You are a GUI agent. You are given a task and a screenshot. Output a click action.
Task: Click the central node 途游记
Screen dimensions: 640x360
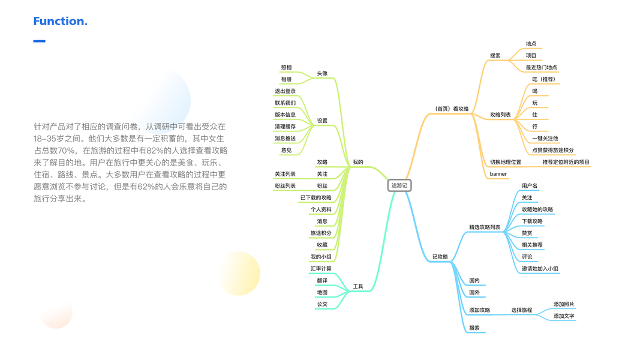pos(399,185)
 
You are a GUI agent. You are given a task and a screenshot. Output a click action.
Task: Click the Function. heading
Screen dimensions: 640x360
pos(60,22)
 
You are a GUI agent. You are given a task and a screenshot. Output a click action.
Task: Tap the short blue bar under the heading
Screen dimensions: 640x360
pos(39,41)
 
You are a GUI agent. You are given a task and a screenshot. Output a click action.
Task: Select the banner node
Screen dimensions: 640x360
pos(498,174)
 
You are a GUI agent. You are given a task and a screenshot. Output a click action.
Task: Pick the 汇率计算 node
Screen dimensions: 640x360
pos(321,268)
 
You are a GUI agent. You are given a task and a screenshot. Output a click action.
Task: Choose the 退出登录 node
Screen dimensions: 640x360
pos(286,91)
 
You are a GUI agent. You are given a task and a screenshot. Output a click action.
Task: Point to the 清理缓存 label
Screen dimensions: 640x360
pos(286,127)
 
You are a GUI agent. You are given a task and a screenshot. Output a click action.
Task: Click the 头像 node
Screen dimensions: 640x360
pos(322,73)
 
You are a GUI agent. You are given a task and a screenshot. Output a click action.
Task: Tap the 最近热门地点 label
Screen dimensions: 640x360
pos(542,67)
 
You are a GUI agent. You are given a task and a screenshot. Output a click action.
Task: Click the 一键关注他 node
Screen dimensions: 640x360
pos(545,139)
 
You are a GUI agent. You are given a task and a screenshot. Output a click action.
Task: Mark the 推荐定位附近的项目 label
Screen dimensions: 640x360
pos(566,162)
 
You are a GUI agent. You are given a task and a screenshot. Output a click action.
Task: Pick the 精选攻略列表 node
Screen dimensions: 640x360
pos(485,227)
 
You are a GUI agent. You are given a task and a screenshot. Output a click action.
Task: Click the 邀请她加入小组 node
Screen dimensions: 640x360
pos(540,268)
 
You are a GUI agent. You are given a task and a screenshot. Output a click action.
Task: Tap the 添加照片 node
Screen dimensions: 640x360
pos(564,304)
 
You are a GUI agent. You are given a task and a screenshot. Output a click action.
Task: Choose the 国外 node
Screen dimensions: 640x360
pos(474,292)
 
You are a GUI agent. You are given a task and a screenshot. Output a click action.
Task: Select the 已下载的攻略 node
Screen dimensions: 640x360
pos(316,197)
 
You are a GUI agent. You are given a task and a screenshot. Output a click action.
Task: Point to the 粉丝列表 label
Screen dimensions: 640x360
pos(286,186)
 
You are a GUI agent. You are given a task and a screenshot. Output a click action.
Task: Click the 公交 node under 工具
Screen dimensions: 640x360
pos(322,304)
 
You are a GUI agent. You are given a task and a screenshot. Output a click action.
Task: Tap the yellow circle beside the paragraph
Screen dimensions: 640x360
pos(239,274)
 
